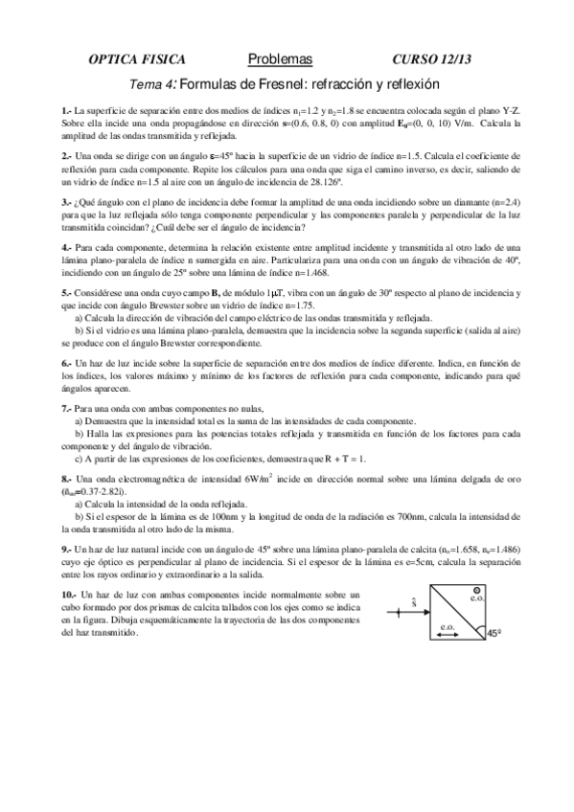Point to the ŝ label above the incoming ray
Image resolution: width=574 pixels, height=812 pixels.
click(x=412, y=602)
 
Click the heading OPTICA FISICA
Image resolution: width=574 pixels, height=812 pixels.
click(x=136, y=58)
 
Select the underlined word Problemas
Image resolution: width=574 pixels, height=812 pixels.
click(x=287, y=58)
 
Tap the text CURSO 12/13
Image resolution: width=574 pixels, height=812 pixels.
click(x=432, y=58)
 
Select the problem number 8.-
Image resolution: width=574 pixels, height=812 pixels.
click(x=66, y=478)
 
